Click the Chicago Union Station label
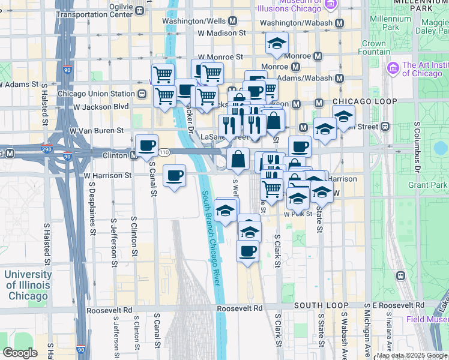click(x=96, y=94)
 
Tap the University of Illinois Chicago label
click(x=27, y=285)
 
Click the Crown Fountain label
click(x=374, y=47)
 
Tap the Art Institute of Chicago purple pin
click(x=394, y=66)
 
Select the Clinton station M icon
click(x=134, y=155)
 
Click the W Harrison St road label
click(x=107, y=175)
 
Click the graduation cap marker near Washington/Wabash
click(x=277, y=43)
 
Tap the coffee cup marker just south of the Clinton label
click(x=146, y=145)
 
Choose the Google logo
click(x=20, y=353)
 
